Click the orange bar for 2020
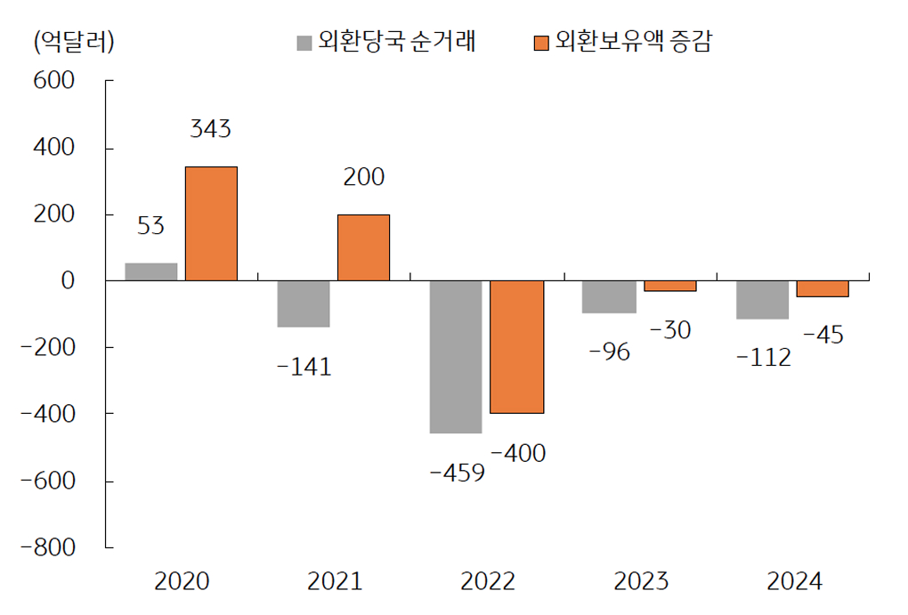click(x=211, y=223)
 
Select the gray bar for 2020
click(x=151, y=271)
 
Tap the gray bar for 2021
click(x=304, y=303)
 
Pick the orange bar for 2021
click(x=363, y=247)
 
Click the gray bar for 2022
click(x=456, y=357)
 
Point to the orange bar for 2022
click(x=517, y=347)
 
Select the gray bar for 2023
click(x=609, y=296)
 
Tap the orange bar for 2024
click(x=823, y=288)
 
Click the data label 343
click(x=210, y=129)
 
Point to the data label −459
click(x=457, y=473)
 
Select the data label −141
click(x=304, y=366)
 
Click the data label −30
click(x=670, y=330)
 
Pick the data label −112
click(x=763, y=358)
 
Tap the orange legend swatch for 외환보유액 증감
click(x=540, y=43)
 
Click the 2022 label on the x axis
click(x=488, y=582)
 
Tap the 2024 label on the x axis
click(x=794, y=582)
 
